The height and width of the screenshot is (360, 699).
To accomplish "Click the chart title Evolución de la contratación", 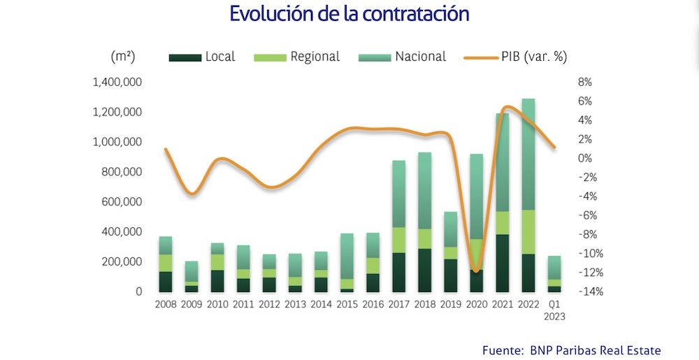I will (x=349, y=14).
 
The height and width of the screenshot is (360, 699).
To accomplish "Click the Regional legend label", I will (x=315, y=57).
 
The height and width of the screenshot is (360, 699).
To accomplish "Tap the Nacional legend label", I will (x=420, y=57).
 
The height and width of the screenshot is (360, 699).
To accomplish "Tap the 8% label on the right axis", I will (x=585, y=82).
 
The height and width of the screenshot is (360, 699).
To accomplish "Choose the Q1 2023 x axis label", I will (x=554, y=310).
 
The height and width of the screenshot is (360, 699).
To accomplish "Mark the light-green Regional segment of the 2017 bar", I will (x=398, y=240).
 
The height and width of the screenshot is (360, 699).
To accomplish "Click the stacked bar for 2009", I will (x=192, y=276).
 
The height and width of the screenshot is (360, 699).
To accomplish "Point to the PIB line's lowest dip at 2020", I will (x=476, y=271).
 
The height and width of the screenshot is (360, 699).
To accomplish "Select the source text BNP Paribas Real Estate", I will (x=595, y=350).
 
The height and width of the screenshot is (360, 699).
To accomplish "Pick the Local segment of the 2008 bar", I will (x=166, y=281).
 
